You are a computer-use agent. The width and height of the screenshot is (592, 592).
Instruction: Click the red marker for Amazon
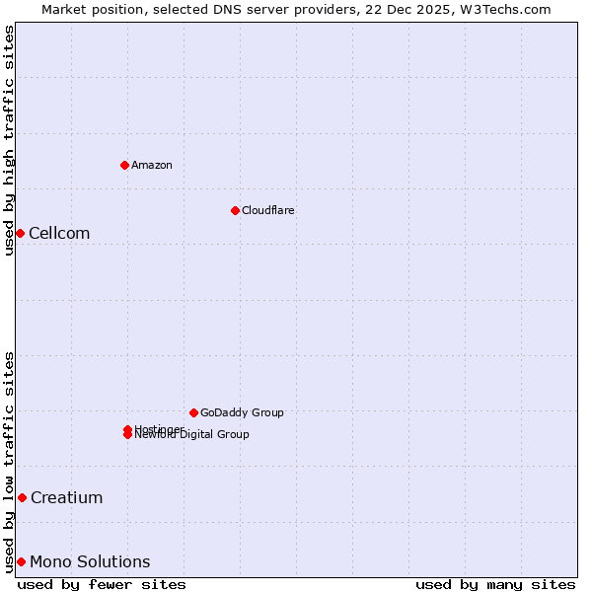[x=124, y=165]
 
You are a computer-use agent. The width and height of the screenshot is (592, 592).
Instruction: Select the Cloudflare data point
[x=235, y=210]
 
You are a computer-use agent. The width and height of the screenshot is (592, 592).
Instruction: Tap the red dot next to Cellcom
[x=20, y=233]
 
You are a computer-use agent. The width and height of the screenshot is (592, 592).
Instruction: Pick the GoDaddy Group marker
[x=193, y=412]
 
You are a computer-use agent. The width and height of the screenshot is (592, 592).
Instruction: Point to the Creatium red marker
[x=22, y=497]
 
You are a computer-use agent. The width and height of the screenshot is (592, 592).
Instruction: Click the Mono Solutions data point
[x=21, y=561]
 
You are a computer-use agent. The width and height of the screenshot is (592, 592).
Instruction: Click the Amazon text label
[x=152, y=165]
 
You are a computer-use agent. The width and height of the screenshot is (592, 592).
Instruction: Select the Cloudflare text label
[x=267, y=210]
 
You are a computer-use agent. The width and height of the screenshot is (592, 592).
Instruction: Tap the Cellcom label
[x=59, y=233]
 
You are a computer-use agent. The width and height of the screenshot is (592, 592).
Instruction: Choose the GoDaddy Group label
[x=242, y=412]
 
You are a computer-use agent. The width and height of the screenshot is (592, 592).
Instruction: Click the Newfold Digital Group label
[x=192, y=435]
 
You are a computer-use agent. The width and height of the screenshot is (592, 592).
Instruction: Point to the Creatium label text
[x=66, y=497]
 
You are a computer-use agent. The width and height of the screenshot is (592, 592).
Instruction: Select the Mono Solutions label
[x=90, y=561]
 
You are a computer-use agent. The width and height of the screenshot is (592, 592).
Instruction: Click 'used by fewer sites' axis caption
[x=102, y=584]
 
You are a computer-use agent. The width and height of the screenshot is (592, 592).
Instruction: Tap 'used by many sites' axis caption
[x=495, y=584]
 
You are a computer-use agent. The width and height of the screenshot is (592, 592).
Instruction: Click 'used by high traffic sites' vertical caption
[x=9, y=140]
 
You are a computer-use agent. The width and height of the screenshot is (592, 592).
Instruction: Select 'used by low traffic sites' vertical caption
[x=9, y=462]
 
